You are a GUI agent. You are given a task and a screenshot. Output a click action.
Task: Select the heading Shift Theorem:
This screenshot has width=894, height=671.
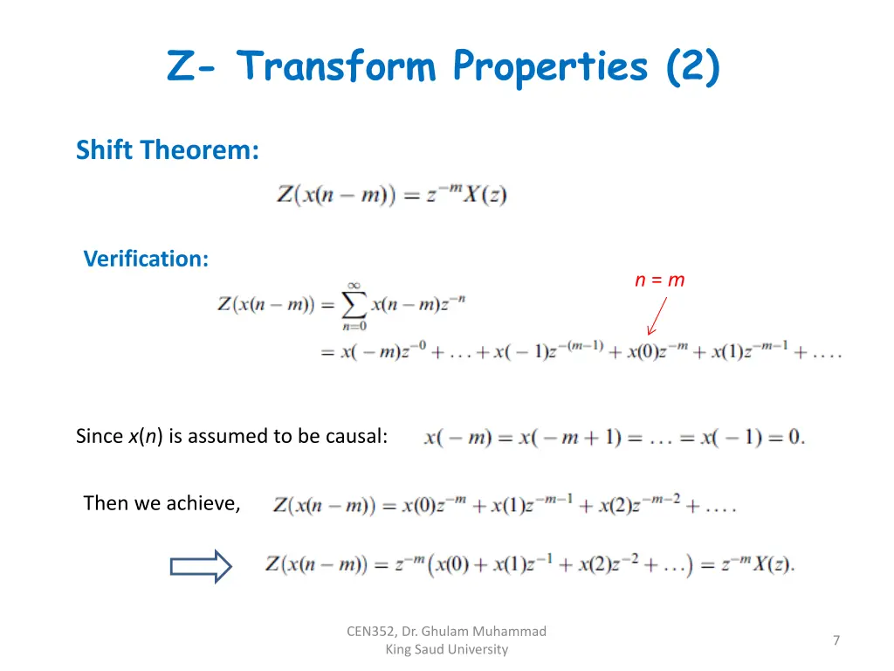(168, 150)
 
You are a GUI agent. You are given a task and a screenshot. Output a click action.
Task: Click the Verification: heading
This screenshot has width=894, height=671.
(146, 259)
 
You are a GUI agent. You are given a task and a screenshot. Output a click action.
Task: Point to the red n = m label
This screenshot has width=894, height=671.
(659, 280)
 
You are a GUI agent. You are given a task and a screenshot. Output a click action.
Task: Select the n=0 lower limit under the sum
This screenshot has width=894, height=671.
(354, 327)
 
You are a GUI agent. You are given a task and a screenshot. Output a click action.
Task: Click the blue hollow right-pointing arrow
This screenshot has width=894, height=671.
(201, 566)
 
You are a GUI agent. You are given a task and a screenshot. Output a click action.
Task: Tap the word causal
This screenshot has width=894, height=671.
(356, 436)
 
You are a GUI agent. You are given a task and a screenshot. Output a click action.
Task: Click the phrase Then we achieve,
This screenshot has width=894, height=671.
(162, 503)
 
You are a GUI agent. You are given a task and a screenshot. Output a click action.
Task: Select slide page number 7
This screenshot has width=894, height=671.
(836, 640)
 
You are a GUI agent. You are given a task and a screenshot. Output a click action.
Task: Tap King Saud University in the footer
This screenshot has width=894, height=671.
(446, 649)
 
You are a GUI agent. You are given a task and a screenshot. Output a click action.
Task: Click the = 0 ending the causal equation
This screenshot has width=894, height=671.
(785, 437)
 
